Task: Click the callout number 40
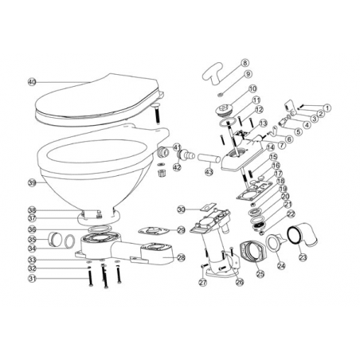pos(32,81)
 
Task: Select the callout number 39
pos(32,182)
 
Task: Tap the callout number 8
pos(245,62)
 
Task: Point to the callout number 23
pos(302,257)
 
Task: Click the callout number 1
pos(327,108)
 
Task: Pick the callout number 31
pos(32,278)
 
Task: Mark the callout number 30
pos(181,209)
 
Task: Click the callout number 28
pos(181,257)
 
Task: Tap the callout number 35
pos(32,238)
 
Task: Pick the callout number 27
pos(202,281)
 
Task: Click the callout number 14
pos(272,147)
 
